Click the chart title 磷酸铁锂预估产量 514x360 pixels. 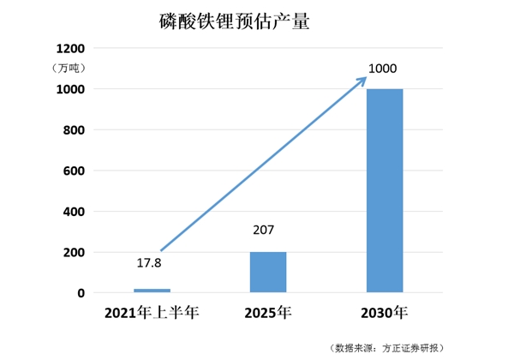[234, 21]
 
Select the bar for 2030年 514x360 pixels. [385, 190]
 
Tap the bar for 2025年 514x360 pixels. [268, 272]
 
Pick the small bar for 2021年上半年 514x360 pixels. [152, 291]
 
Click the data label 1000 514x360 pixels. [383, 69]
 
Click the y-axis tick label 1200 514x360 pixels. [69, 48]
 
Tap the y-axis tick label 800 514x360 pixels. [74, 129]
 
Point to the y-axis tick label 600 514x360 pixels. [74, 171]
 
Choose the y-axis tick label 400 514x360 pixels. [74, 212]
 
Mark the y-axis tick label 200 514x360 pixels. [74, 253]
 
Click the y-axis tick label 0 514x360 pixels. [81, 293]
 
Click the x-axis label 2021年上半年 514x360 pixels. [152, 312]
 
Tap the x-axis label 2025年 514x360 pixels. [268, 312]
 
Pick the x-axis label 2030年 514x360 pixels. [385, 312]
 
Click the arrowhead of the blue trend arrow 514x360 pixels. [362, 80]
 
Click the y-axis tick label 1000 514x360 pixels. [69, 89]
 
